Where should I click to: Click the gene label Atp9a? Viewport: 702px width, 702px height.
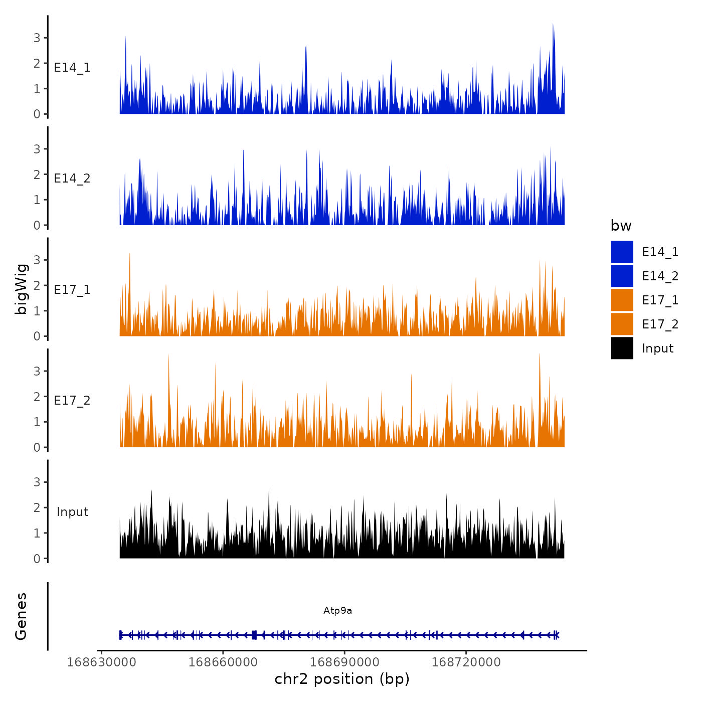click(x=337, y=611)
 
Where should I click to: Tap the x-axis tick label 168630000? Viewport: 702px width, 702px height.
click(x=101, y=662)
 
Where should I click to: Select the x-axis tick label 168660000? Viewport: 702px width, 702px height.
click(x=223, y=662)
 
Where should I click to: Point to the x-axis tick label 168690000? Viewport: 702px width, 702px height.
click(x=344, y=662)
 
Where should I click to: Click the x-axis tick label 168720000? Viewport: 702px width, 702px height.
click(x=466, y=662)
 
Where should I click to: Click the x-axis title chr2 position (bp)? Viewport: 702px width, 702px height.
click(x=342, y=679)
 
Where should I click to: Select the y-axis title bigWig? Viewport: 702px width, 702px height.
click(x=21, y=289)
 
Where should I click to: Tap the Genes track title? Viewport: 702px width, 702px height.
click(x=21, y=616)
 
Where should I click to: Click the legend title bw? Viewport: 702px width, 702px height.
click(x=621, y=226)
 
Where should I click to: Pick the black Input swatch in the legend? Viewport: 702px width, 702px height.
click(x=622, y=348)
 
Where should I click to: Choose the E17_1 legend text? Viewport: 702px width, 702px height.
click(x=660, y=300)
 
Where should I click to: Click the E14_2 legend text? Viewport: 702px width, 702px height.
click(x=660, y=276)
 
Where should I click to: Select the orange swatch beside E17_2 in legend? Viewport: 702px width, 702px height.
click(x=622, y=324)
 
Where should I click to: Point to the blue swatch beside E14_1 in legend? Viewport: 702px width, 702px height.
click(x=622, y=252)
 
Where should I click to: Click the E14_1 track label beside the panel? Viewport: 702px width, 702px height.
click(x=72, y=68)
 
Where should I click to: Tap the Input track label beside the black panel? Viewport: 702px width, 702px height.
click(x=72, y=512)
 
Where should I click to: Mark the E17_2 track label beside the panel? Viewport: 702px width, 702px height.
click(x=72, y=401)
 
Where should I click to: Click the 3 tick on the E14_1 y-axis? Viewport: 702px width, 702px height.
click(x=37, y=38)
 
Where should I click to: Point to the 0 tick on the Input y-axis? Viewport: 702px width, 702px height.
click(x=37, y=559)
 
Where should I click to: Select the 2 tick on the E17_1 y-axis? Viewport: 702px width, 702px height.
click(x=37, y=285)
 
